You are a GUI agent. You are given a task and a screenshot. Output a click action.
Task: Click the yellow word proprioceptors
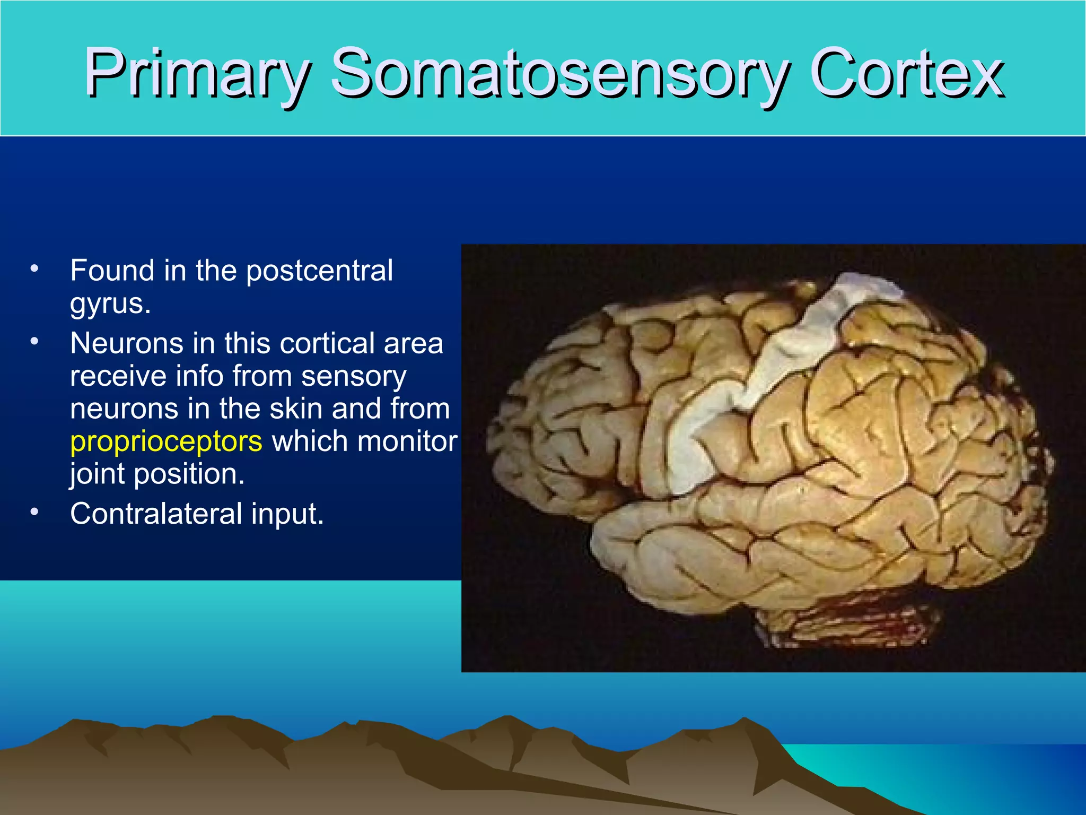[166, 441]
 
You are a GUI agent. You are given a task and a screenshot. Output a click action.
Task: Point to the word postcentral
[319, 271]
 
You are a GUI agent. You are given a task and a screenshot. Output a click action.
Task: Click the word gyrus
[110, 304]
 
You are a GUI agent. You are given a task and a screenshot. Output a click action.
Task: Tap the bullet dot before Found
[34, 268]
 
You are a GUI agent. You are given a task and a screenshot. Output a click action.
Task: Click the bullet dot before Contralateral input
[34, 512]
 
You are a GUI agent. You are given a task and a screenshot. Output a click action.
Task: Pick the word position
[189, 474]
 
